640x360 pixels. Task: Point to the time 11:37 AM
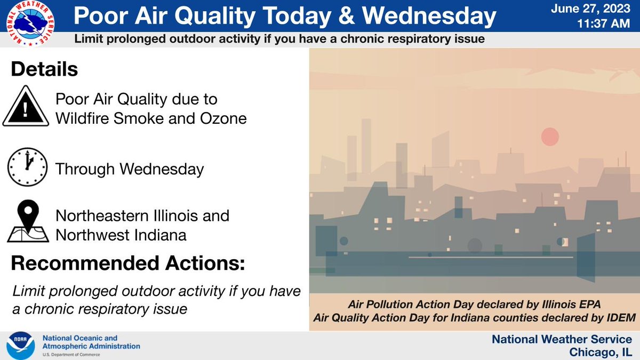(x=605, y=25)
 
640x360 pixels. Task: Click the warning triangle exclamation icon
(x=26, y=106)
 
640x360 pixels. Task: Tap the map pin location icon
(x=27, y=221)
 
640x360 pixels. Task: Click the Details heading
(x=44, y=70)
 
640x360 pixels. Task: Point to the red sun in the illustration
(x=549, y=137)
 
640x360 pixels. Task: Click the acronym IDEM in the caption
(x=620, y=317)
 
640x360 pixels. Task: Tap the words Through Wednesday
(x=130, y=170)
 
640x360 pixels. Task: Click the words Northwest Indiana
(x=121, y=235)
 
